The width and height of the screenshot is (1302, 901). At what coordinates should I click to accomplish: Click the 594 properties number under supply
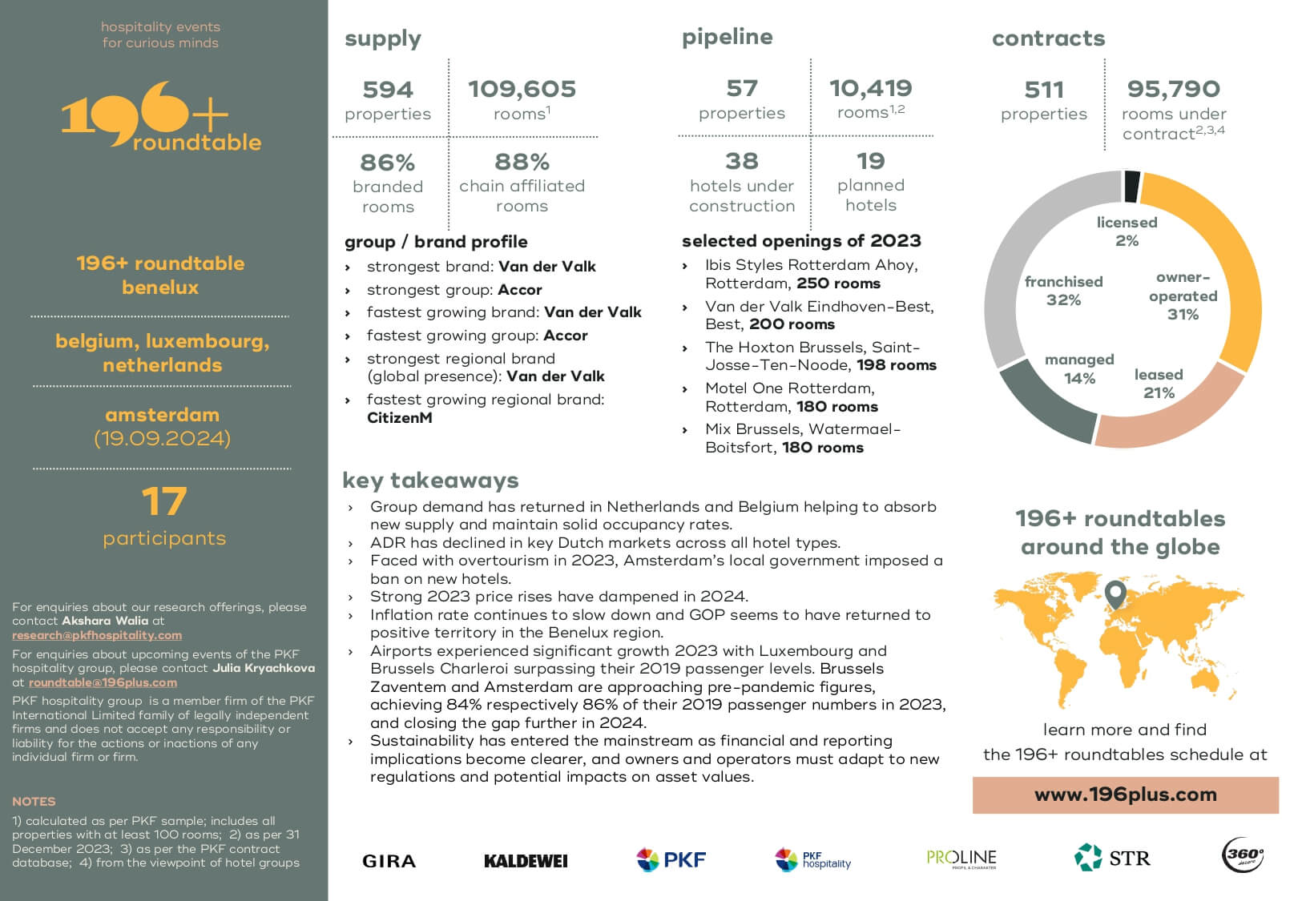coord(388,90)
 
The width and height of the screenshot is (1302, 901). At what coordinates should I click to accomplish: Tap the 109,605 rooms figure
coord(522,89)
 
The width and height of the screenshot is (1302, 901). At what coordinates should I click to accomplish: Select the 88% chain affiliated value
coord(522,162)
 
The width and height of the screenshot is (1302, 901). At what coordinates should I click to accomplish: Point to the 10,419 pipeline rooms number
coord(871,88)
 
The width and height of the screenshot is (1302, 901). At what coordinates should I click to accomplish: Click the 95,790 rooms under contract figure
coord(1174,89)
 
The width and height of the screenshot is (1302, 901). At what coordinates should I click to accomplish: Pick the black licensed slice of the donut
coord(1131,186)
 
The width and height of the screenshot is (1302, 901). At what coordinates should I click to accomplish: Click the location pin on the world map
coord(1115,593)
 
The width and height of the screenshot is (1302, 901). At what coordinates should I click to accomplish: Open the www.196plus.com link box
coord(1125,794)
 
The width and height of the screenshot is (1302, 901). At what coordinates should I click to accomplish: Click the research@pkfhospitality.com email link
coord(97,635)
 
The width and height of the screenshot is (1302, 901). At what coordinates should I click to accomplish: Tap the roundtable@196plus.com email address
coord(103,682)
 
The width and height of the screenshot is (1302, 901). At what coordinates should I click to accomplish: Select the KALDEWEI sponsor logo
coord(526,861)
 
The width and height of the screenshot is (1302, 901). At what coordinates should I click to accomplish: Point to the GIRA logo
coord(389,861)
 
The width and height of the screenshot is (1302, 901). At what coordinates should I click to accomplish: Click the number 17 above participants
coord(164,501)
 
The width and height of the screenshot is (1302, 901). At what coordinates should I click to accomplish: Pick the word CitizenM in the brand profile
coord(399,417)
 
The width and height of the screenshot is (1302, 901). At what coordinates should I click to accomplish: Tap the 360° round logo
coord(1243,855)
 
